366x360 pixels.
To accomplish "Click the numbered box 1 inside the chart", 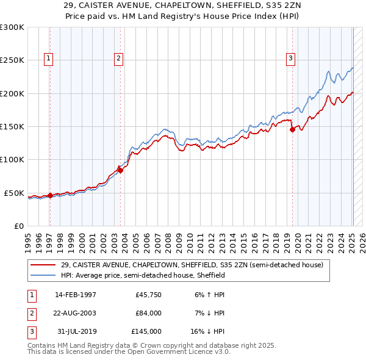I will tap(48, 59).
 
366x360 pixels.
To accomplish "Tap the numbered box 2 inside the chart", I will tap(118, 59).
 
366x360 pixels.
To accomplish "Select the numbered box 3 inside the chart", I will tap(290, 59).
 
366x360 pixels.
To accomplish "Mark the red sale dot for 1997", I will tap(50, 195).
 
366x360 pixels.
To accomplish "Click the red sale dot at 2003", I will tap(120, 170).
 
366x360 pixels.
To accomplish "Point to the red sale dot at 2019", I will tap(292, 129).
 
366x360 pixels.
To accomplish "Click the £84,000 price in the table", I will tap(148, 313).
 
